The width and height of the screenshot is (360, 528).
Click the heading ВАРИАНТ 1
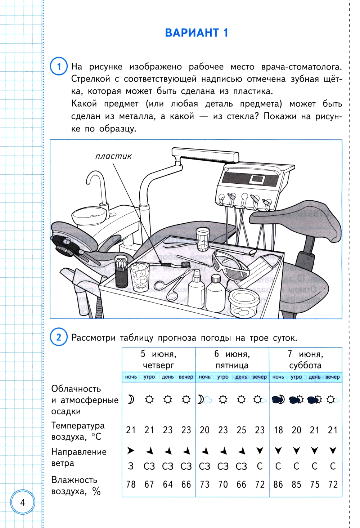click(x=197, y=33)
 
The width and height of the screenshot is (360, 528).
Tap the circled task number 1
click(x=59, y=66)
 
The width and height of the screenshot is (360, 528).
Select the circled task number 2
click(x=59, y=337)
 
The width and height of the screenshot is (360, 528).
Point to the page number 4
click(x=23, y=502)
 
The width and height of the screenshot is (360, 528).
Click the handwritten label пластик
click(x=113, y=156)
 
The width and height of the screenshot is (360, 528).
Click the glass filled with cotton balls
click(x=140, y=277)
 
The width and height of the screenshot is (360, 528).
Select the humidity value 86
click(x=278, y=484)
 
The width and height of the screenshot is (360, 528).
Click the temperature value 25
click(x=241, y=430)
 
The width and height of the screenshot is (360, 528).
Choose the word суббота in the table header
click(x=305, y=365)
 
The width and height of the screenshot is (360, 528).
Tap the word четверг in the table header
click(x=158, y=365)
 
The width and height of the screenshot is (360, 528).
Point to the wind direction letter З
click(x=131, y=466)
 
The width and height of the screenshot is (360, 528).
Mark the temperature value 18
click(x=278, y=430)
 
